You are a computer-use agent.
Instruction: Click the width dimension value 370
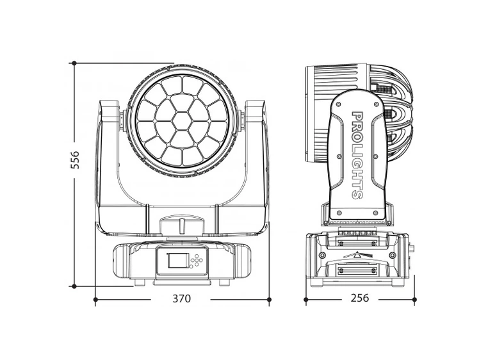181,299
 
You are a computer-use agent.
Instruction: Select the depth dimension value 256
360,299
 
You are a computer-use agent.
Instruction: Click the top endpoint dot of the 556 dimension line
74,63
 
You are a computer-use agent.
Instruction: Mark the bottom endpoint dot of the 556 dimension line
74,286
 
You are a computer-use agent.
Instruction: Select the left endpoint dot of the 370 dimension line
95,299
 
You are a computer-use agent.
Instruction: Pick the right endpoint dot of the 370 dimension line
268,299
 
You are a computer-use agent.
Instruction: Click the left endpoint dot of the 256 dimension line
305,299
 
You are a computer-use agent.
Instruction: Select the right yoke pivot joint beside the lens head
242,118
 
